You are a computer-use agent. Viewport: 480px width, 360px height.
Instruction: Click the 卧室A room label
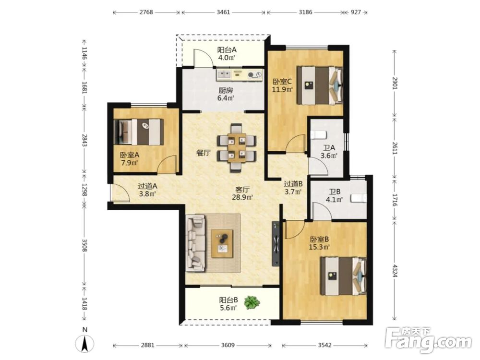130,159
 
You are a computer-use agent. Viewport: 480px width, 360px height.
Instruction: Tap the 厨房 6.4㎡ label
226,94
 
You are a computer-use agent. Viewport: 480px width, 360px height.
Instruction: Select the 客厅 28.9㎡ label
242,193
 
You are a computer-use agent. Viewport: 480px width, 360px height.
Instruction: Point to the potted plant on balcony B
252,302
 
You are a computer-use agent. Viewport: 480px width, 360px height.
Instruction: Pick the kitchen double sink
224,74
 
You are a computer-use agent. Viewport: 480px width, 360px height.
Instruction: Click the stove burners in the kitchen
255,74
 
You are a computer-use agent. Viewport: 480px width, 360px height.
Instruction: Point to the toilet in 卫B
359,198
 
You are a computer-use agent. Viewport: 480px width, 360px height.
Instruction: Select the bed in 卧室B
344,276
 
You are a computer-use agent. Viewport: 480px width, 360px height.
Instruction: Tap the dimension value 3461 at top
223,12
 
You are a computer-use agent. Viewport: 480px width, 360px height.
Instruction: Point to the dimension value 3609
228,345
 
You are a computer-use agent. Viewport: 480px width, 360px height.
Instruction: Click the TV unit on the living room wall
276,244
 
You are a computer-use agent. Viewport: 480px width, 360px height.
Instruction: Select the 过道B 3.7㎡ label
293,188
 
